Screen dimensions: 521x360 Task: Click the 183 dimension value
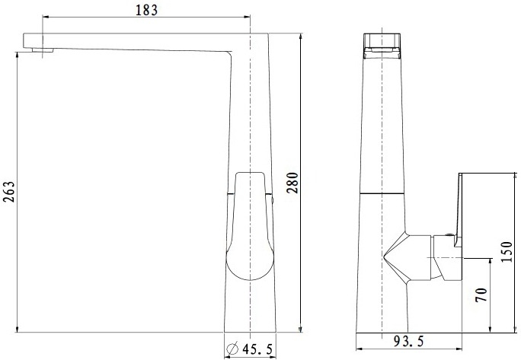point(146,10)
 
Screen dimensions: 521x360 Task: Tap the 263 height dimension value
point(8,192)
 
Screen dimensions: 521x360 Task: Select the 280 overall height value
point(292,183)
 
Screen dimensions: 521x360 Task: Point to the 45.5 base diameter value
point(257,349)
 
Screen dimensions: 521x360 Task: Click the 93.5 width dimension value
point(409,341)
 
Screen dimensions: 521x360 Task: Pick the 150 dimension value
point(507,252)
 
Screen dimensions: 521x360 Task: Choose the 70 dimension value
point(481,295)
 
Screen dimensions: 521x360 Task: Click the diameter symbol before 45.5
point(232,349)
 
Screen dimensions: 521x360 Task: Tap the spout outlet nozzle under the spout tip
point(43,50)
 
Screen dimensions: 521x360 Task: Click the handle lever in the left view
point(250,226)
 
